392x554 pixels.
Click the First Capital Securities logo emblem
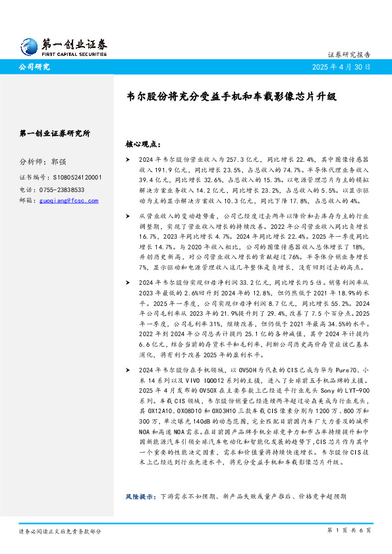click(30, 44)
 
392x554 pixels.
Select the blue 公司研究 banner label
click(34, 67)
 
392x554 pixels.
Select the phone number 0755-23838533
click(65, 189)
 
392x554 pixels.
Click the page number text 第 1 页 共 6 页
click(349, 530)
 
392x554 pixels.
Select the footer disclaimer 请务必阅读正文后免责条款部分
click(60, 530)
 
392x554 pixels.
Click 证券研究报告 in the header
click(349, 55)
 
